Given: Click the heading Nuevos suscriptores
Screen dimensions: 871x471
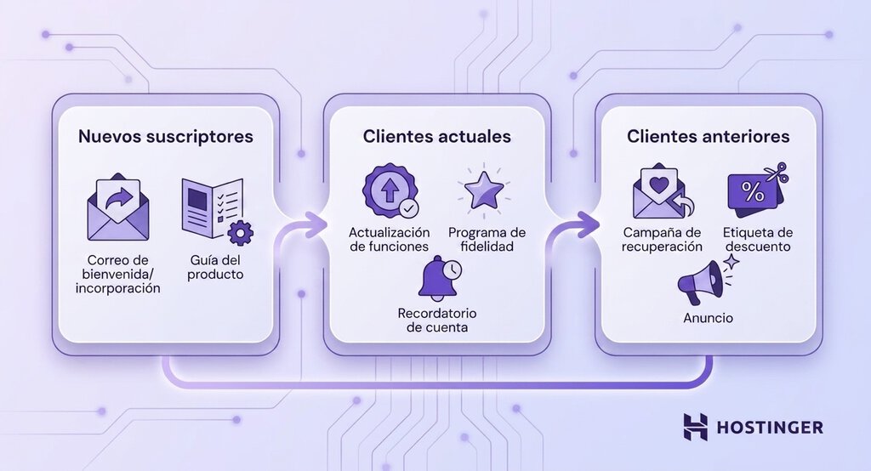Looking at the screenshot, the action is coord(166,137).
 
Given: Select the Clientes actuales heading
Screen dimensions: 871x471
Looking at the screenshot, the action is coord(436,137).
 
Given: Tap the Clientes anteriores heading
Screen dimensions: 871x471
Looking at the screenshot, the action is coord(709,137).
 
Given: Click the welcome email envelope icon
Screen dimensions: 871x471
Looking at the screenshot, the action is coord(118,207).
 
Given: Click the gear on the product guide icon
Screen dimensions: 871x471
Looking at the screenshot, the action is coord(241,233).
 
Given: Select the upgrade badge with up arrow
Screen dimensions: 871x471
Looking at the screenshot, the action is coord(390,190).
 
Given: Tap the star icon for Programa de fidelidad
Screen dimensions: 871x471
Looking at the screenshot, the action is coord(484,190).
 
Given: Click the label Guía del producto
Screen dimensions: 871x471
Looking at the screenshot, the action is coord(215,267).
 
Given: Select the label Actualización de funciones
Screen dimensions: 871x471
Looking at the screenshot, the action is coord(390,240).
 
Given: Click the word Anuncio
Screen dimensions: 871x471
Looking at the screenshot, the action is coord(708,318).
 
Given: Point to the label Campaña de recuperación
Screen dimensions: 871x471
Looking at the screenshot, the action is coord(662,240).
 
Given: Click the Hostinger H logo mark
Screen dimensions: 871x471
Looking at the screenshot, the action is coord(696,427).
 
